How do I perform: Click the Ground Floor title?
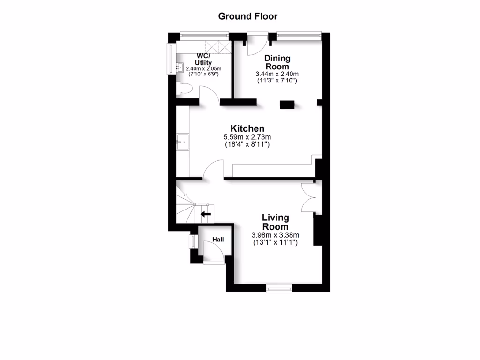pos(247,16)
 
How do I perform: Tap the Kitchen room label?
pos(247,128)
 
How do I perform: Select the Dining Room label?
pos(277,62)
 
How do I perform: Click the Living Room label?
pos(275,222)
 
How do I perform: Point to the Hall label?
pos(218,240)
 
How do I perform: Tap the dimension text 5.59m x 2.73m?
pos(247,137)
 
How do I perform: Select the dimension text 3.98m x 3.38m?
pos(275,235)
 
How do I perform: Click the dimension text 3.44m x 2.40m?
pos(277,74)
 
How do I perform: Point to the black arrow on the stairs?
pos(206,215)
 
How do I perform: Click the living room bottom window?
pos(279,288)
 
